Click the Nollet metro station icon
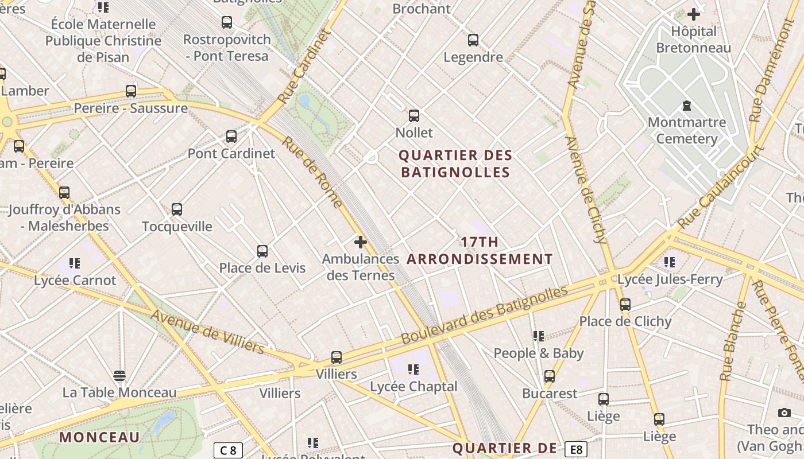point(413,116)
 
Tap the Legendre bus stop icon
point(473,40)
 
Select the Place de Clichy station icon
point(625,305)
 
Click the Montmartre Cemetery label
point(686,130)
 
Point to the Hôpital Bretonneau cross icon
point(694,14)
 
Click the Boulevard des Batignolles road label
point(484,316)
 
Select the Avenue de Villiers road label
point(207,332)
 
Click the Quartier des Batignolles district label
point(455,164)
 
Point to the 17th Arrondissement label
point(480,251)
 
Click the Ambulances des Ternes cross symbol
point(361,242)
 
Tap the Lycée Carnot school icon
point(75,263)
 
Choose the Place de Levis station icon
point(262,251)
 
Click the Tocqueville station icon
point(177,209)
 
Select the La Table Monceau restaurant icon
point(119,376)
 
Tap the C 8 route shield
point(228,450)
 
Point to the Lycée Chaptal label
point(413,387)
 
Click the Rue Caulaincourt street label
point(720,186)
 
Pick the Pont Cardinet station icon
point(231,137)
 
